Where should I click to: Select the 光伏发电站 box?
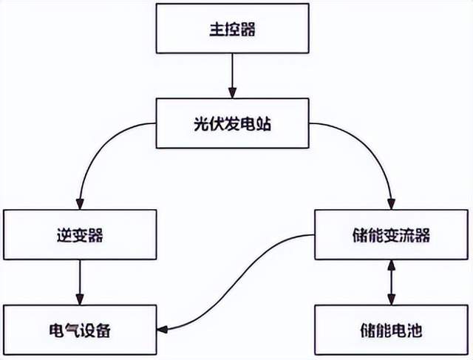(233, 124)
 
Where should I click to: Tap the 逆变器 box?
(80, 235)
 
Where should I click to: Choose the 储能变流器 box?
(392, 235)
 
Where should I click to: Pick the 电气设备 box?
(80, 330)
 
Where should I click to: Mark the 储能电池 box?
(392, 330)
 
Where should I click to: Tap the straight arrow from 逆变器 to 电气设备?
(80, 282)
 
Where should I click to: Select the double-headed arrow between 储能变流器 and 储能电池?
(392, 282)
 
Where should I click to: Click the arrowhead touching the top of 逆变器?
(80, 205)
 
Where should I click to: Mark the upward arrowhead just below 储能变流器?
(392, 266)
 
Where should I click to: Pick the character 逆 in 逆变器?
(63, 235)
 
